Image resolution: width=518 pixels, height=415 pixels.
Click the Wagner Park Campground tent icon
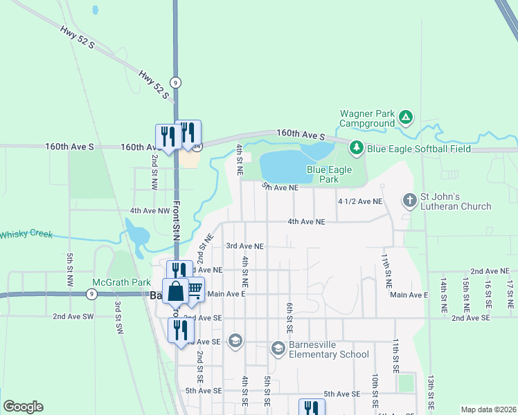coord(406,118)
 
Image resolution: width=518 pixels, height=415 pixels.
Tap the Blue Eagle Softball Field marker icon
coord(357,147)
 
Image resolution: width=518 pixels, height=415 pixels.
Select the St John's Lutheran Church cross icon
coord(409,201)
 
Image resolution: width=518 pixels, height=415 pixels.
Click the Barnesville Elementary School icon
coord(278,348)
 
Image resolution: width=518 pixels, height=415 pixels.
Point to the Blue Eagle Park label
coord(329,174)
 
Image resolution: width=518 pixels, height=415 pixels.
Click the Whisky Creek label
coord(26,234)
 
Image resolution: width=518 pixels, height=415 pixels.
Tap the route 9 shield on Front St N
coord(177,82)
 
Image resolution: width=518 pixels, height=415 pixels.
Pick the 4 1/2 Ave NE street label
coord(360,201)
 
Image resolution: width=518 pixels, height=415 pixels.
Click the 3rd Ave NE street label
coord(245,246)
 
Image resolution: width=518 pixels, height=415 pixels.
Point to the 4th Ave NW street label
coord(150,210)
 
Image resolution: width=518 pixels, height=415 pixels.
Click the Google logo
coord(23,407)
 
